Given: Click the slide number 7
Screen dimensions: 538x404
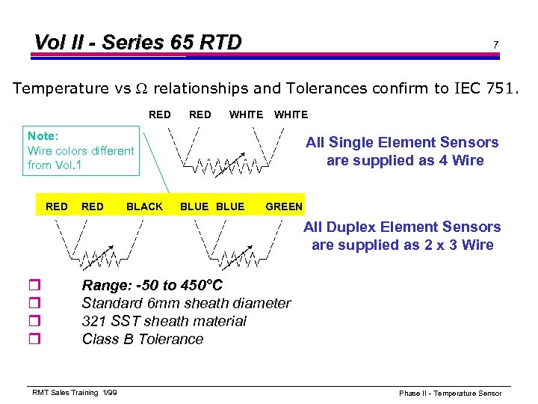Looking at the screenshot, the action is tap(495, 45).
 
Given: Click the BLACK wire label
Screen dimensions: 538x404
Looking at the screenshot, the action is tap(145, 206).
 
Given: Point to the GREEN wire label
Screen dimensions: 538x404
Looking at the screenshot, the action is tap(285, 206).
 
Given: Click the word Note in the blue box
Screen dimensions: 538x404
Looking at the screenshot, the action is tap(41, 135).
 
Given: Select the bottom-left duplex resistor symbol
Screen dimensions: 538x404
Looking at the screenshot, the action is tap(98, 258).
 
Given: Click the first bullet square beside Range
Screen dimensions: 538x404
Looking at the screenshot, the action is tap(32, 286).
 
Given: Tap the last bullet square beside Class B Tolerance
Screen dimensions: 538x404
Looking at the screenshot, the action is tap(32, 340).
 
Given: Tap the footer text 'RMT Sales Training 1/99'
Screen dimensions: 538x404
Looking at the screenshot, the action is tap(74, 393).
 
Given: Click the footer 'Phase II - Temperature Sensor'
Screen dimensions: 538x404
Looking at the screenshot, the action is tap(450, 393).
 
